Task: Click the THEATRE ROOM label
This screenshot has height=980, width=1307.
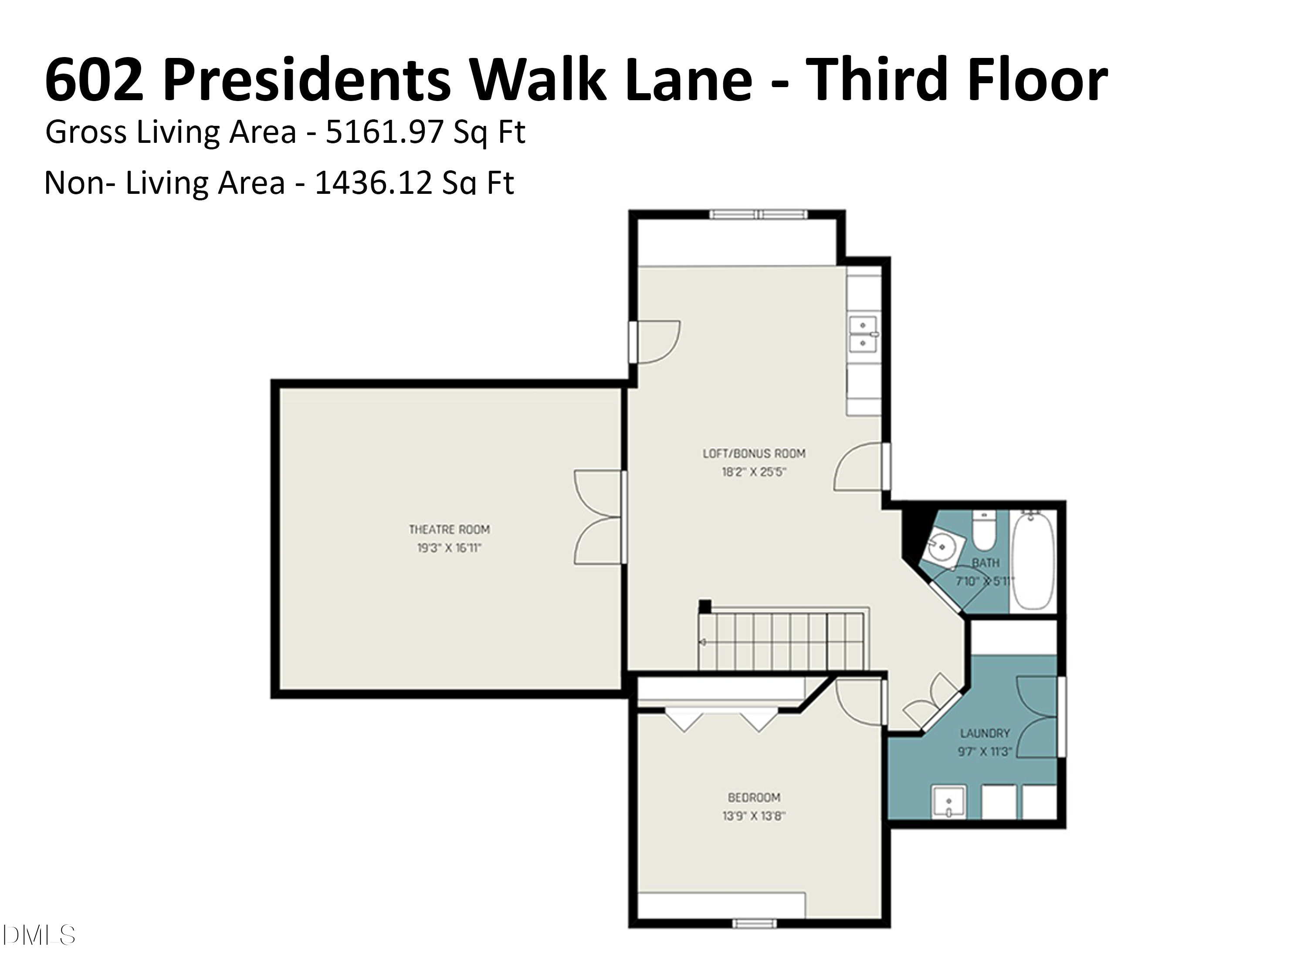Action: (x=449, y=529)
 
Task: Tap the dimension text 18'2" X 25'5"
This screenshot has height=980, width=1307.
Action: (x=754, y=472)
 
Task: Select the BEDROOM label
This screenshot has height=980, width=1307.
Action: (x=754, y=798)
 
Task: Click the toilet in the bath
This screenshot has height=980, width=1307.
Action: (x=984, y=531)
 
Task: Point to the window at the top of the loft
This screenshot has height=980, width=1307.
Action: (x=758, y=214)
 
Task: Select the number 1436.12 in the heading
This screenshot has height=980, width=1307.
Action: (x=373, y=182)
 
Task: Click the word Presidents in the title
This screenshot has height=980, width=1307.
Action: (x=307, y=80)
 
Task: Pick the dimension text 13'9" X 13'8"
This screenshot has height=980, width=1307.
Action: (x=754, y=816)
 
